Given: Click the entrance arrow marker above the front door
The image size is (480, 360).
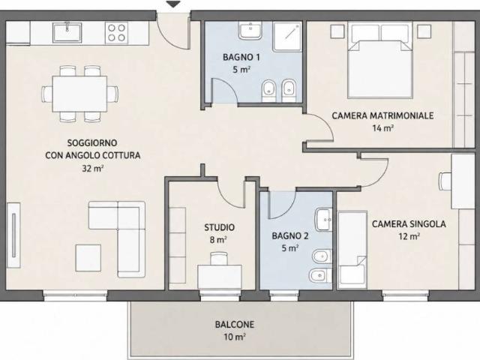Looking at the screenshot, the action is (x=173, y=4).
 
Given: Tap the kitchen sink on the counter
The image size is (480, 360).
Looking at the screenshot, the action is (x=67, y=32).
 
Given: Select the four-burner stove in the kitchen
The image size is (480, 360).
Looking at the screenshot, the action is (x=117, y=32).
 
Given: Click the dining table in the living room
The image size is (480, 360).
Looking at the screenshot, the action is (x=79, y=94).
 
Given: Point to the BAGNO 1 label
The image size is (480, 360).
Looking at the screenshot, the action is (x=241, y=57).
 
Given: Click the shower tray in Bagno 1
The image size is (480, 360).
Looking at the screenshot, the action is (x=287, y=36).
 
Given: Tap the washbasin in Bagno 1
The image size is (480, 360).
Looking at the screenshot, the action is (x=250, y=31).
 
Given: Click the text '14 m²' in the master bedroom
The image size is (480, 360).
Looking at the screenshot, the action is (x=382, y=128).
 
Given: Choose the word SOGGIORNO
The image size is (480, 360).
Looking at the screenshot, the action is (x=92, y=143).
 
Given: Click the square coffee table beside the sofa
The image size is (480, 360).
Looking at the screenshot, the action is (x=88, y=258).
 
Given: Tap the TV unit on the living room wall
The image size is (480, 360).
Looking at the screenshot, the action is (x=13, y=235).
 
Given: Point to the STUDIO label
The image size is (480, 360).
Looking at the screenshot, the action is (x=220, y=227).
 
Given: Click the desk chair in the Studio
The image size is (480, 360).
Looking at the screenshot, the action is (x=219, y=258).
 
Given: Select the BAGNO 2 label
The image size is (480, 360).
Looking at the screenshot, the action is (x=290, y=236).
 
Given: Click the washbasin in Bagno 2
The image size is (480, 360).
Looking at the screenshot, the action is (x=324, y=219).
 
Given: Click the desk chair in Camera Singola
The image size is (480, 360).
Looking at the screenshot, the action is (x=445, y=181).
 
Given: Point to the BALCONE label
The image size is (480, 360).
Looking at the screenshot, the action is (x=235, y=325).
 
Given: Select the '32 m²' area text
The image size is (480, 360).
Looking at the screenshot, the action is (x=92, y=168).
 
